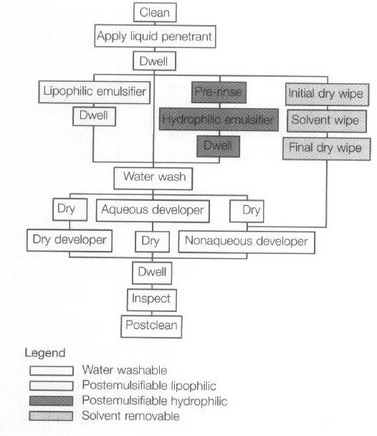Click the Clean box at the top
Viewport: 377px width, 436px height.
click(155, 12)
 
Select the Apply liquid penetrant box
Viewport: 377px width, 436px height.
click(155, 36)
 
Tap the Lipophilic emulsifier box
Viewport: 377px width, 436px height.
click(95, 92)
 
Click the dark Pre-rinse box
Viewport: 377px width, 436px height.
click(219, 93)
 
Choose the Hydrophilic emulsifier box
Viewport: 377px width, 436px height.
click(219, 120)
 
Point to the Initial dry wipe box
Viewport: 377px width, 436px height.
click(328, 94)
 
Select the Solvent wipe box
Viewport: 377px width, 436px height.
click(327, 121)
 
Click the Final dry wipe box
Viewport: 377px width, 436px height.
click(326, 148)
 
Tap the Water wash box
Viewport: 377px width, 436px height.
click(153, 179)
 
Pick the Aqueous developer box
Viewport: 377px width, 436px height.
click(153, 211)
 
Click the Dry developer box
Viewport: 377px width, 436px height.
click(70, 240)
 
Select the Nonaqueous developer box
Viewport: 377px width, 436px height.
click(247, 242)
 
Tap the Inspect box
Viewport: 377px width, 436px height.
click(152, 300)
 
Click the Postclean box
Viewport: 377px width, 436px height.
click(151, 326)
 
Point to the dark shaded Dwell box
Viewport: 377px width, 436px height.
click(218, 146)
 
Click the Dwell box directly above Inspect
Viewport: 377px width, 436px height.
click(152, 272)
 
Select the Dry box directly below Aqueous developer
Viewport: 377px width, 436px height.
click(152, 242)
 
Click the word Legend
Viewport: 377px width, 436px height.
click(45, 354)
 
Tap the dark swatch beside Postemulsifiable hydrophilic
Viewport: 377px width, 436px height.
click(51, 401)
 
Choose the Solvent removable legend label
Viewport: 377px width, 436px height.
click(130, 416)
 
